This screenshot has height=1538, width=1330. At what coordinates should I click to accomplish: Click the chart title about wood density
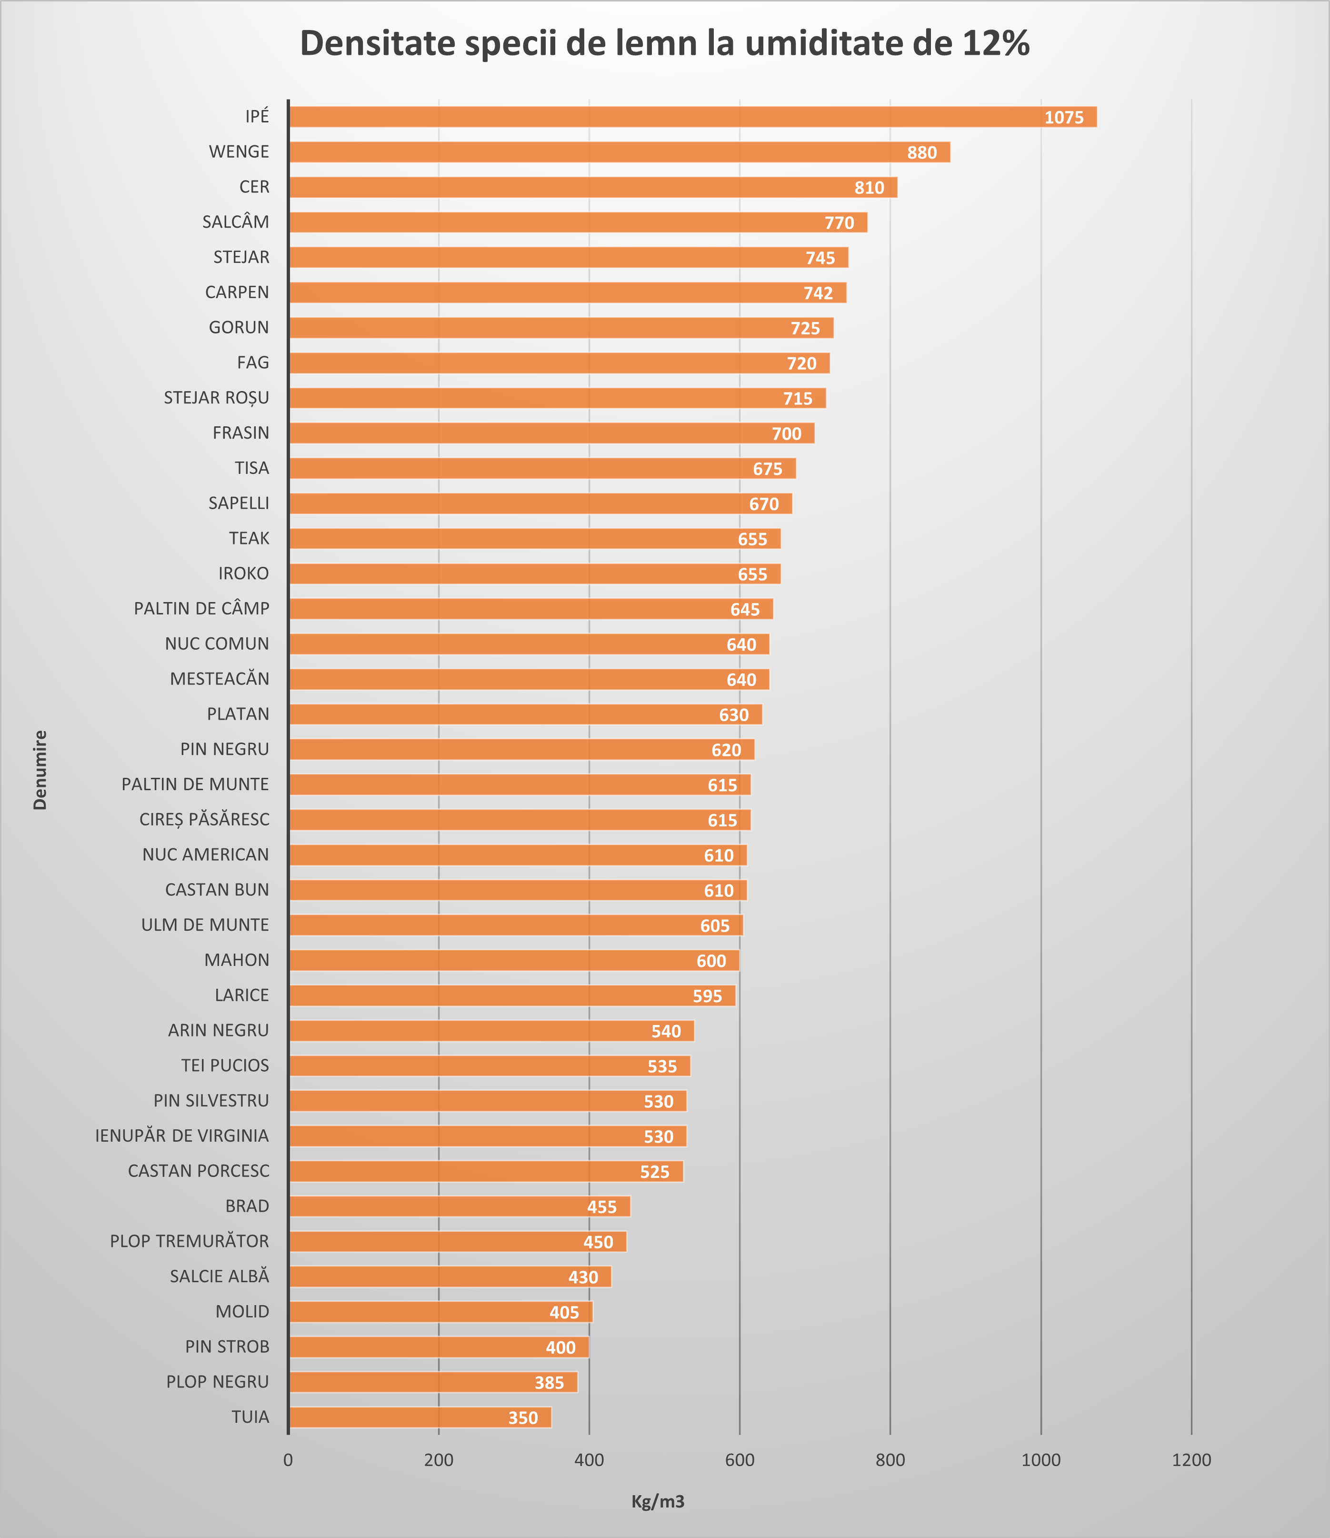664,43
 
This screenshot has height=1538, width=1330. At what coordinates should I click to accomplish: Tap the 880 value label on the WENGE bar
922,152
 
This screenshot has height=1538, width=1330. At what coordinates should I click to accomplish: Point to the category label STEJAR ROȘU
216,398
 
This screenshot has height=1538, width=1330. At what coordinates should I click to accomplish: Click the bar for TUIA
416,1417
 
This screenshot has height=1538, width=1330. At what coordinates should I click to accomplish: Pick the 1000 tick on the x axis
1040,1460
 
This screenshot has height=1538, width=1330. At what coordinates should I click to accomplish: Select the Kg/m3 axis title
658,1502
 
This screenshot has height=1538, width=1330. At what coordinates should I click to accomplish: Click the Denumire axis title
40,770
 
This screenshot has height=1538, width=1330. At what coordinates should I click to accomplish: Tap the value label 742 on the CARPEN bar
818,293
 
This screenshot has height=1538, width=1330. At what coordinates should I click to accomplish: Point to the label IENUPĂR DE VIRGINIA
182,1136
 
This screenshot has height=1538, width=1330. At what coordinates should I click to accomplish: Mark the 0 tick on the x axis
288,1460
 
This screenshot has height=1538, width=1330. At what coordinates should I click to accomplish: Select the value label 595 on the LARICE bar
707,996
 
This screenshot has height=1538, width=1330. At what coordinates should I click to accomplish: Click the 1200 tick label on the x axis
1191,1460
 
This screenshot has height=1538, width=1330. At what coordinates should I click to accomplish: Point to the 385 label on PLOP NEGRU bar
549,1382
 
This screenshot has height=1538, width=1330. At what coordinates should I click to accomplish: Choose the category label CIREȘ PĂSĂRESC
204,819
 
